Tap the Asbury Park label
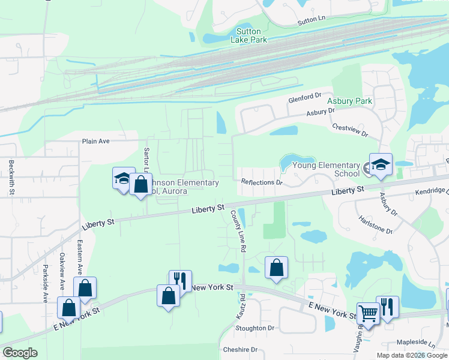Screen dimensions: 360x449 coord(350,101)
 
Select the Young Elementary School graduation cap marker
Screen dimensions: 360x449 coord(381,165)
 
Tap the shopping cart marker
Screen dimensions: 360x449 coord(368,312)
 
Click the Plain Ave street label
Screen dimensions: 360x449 coord(96,142)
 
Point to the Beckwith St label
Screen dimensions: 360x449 coord(11,178)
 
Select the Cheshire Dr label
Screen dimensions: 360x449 coord(240,349)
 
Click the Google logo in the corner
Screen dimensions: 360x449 coord(20,353)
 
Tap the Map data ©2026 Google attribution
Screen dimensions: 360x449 coord(411,355)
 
